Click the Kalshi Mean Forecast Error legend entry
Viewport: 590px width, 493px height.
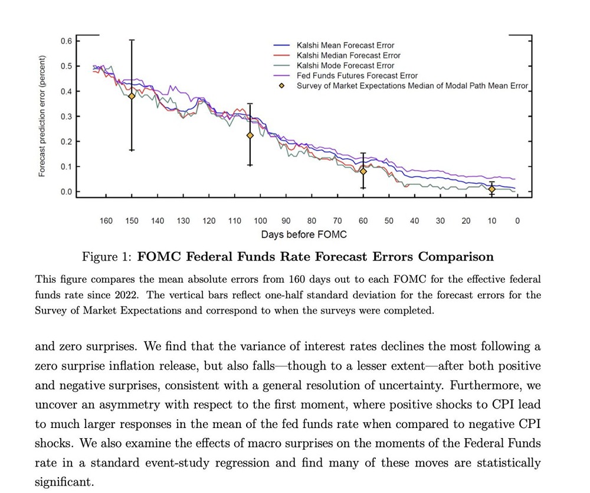point(345,45)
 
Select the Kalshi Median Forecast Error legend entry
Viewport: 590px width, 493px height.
point(348,55)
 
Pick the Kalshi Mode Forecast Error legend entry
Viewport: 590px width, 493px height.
point(345,66)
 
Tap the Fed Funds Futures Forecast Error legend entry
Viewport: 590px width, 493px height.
point(357,76)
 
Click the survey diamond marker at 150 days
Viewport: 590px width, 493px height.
point(132,96)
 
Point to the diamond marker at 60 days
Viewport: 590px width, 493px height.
point(363,171)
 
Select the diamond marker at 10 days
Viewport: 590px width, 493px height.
point(492,189)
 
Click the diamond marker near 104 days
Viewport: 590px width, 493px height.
point(250,135)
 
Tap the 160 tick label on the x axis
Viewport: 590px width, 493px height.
point(106,221)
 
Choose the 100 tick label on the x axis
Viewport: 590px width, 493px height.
point(260,221)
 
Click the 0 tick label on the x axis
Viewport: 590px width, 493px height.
point(517,221)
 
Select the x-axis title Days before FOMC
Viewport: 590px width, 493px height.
point(304,235)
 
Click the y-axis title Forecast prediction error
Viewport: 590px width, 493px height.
point(42,116)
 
